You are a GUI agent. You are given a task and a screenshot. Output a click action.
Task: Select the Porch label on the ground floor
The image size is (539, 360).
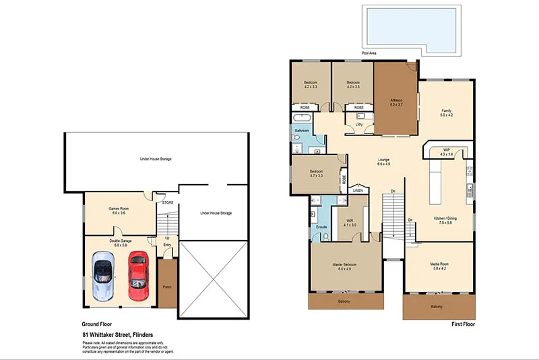click(x=167, y=287)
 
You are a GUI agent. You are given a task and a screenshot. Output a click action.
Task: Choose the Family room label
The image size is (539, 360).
click(x=446, y=112)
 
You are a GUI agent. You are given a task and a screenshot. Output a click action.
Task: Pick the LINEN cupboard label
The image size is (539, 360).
click(x=358, y=191)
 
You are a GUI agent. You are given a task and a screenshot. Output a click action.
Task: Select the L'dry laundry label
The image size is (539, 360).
click(x=359, y=124)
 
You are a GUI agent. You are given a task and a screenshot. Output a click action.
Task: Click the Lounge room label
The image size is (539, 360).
click(x=383, y=161)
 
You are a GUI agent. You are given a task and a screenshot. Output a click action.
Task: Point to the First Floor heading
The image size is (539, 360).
click(x=464, y=325)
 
